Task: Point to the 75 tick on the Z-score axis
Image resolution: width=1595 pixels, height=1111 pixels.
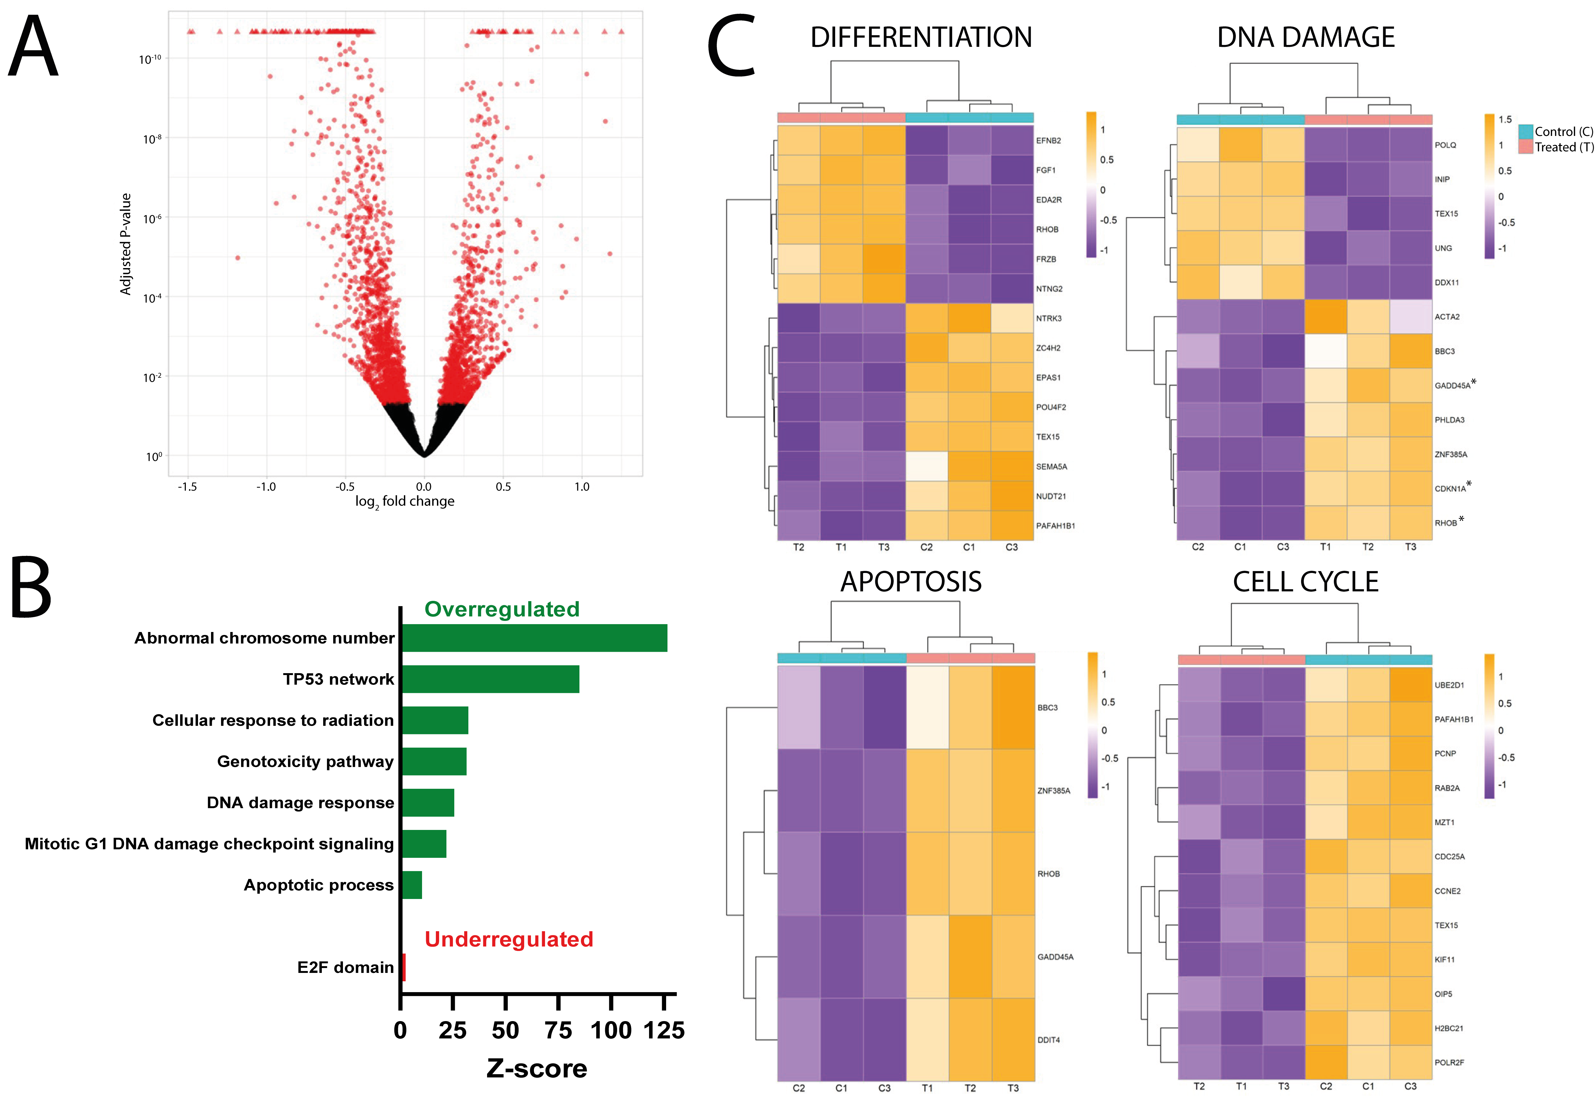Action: coord(558,1030)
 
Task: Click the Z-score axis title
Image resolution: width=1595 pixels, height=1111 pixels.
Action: coord(536,1068)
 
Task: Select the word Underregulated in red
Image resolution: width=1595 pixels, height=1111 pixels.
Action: coord(508,939)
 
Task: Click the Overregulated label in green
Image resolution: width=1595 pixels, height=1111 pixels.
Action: coord(502,609)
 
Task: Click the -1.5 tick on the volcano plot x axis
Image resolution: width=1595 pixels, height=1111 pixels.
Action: coord(187,487)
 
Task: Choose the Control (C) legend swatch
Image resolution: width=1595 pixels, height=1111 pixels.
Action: coord(1526,131)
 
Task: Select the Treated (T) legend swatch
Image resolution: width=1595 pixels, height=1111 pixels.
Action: coord(1526,146)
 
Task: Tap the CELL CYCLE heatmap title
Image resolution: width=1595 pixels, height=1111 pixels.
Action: coord(1305,582)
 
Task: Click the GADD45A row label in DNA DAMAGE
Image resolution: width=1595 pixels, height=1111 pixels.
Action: coord(1453,385)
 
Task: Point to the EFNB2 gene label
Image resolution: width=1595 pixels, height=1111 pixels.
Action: coord(1048,140)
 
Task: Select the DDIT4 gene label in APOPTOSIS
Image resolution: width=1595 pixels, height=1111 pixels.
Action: coord(1048,1040)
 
